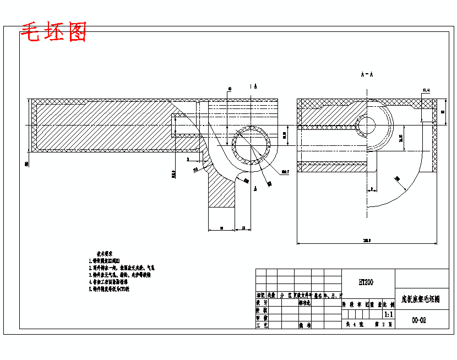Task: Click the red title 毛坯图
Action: (x=53, y=33)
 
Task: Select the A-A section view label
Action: (x=367, y=74)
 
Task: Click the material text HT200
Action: (x=366, y=282)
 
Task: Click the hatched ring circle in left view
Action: (x=252, y=146)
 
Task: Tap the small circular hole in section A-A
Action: (x=365, y=125)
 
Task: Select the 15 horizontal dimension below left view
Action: (x=243, y=227)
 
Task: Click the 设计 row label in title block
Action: (x=262, y=302)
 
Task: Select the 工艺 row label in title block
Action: (x=262, y=325)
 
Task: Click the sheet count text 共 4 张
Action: (x=352, y=325)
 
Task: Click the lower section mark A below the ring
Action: (x=256, y=188)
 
